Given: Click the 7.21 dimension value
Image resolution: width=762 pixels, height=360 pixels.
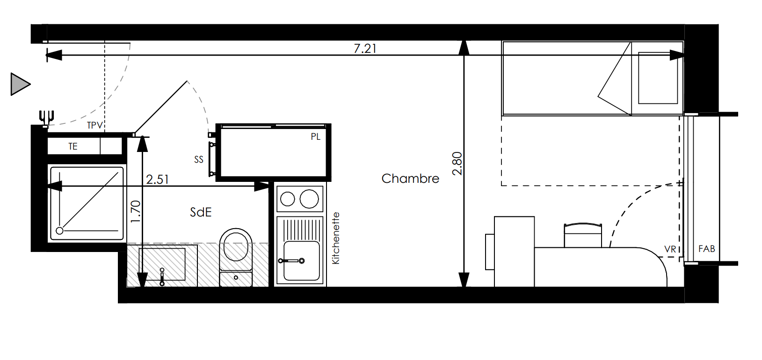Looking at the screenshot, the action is pos(365,49).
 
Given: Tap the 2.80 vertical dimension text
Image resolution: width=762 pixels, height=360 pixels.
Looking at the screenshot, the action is pos(457,164).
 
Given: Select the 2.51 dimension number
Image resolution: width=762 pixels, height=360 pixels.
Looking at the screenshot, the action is pos(157,180).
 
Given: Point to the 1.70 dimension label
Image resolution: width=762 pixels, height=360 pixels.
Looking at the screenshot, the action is pos(135,211).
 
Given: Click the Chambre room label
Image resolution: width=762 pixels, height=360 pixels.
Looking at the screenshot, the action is pos(410,179).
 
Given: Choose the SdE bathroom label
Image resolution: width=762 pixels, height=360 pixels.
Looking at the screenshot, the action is pos(201,212).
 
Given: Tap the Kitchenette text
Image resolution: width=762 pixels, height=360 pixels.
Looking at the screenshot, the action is pos(336,238).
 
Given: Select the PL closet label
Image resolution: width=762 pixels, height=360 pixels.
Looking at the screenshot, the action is pos(315,137).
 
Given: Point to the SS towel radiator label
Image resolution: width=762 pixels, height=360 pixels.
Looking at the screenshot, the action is pos(199,159).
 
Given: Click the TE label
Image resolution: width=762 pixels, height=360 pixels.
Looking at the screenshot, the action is pos(73,146).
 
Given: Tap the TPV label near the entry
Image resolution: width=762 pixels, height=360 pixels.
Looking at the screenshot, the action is pos(95,125).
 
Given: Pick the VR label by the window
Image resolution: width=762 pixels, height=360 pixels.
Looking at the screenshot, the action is pos(670,249).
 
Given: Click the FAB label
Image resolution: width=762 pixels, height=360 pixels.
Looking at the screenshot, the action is pos(706,249).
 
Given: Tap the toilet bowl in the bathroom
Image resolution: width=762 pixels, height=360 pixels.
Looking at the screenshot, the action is pos(236,245).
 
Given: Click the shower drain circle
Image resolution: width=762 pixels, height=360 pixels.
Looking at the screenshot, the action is pos(59,231).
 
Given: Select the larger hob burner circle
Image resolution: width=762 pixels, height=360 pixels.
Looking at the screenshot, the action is pos(309,199).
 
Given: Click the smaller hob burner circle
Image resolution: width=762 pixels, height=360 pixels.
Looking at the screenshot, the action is pos(288,199).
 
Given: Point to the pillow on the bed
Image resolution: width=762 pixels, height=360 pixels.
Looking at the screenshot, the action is pos(658,78).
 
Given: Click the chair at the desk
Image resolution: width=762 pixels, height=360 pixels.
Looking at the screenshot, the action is pos(583,235).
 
